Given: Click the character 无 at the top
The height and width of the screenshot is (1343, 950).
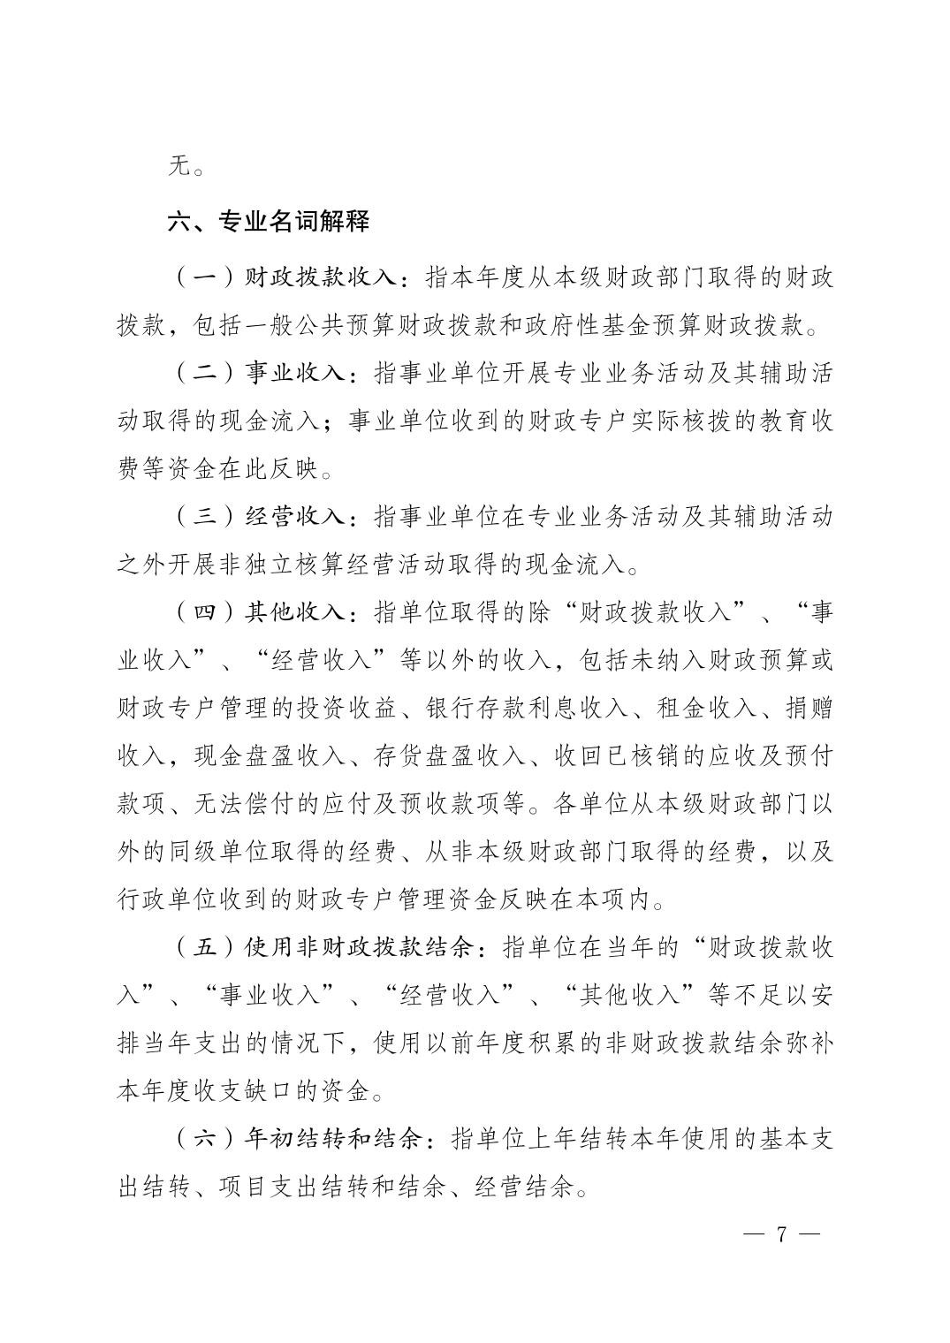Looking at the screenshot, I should point(179,166).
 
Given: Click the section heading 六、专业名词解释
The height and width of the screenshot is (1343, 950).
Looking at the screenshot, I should point(269,221).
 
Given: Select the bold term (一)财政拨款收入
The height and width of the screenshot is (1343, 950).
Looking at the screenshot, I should point(289,277).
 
